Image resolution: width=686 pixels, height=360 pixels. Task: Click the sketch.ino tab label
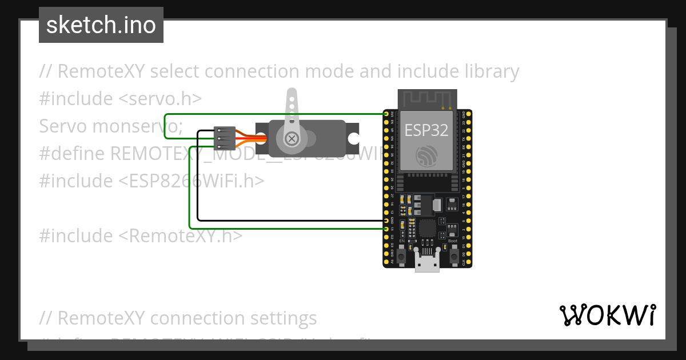101,25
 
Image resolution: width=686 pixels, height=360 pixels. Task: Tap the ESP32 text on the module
426,130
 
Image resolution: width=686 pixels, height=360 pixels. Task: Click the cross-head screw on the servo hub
292,138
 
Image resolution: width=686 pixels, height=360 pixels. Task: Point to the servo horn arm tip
292,95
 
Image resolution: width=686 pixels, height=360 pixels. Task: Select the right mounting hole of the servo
354,138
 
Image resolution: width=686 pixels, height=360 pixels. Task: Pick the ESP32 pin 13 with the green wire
387,229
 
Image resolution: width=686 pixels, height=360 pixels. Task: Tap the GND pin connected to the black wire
387,221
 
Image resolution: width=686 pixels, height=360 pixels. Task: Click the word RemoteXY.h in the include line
183,235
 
